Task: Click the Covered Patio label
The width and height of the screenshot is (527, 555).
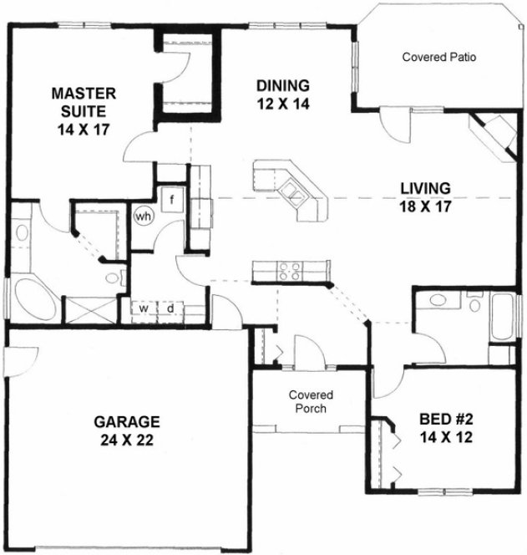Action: click(x=438, y=57)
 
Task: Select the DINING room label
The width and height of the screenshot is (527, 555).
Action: click(x=282, y=85)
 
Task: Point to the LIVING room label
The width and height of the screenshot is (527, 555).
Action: click(x=424, y=187)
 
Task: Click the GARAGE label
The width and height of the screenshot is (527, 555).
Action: click(x=127, y=421)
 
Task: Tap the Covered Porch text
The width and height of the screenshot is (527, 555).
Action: click(x=311, y=402)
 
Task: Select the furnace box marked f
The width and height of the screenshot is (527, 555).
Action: click(x=172, y=200)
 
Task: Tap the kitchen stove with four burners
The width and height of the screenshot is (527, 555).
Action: click(x=288, y=269)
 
